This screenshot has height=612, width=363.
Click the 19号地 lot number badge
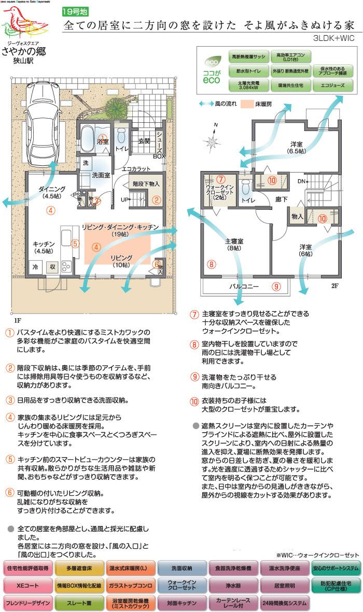[73, 11]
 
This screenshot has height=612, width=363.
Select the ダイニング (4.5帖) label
[52, 193]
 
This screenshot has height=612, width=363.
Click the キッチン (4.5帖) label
[44, 247]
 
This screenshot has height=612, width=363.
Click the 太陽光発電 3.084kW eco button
[244, 86]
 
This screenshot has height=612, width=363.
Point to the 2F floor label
[334, 286]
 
